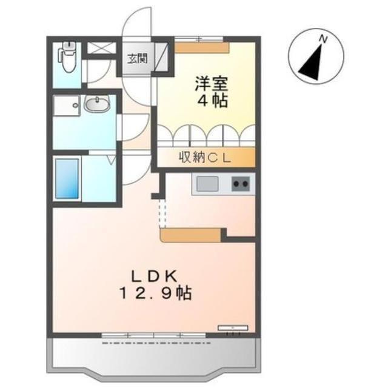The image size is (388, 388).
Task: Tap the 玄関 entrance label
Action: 136,59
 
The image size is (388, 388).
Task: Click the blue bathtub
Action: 67,178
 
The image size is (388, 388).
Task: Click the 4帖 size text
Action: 212,101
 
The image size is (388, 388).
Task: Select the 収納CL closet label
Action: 204,158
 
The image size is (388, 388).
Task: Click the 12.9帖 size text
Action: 156,295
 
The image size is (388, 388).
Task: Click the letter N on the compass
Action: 324,39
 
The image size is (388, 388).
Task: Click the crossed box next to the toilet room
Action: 96,48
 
